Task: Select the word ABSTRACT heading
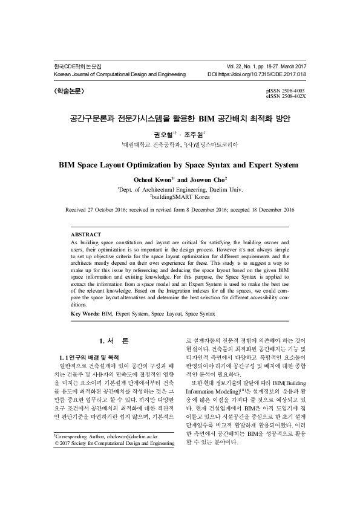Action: (86, 233)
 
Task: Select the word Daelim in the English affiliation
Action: (215, 189)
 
